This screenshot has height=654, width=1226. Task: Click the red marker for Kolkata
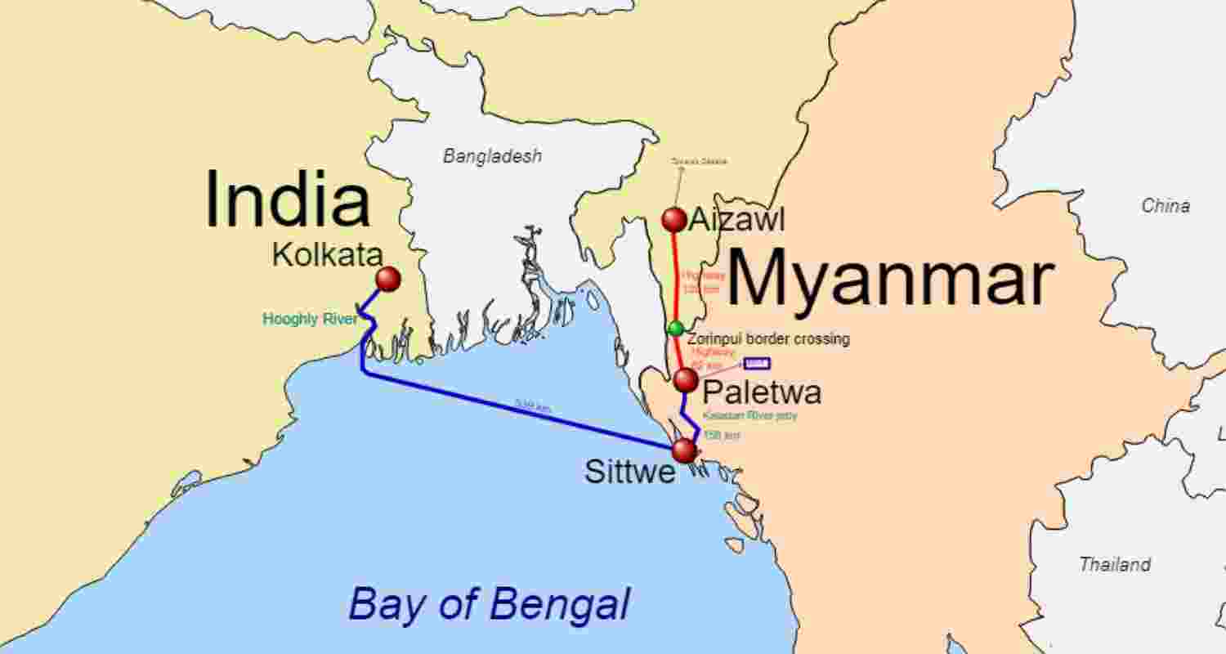click(x=388, y=279)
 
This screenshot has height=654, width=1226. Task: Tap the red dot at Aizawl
click(x=674, y=219)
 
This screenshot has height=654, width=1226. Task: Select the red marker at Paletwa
click(x=686, y=379)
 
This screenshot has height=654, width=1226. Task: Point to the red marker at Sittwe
click(x=683, y=450)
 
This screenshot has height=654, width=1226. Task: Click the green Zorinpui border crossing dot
click(x=675, y=328)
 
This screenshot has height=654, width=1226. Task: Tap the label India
click(x=287, y=200)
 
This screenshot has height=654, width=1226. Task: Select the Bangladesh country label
click(x=492, y=156)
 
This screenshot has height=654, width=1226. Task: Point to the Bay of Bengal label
click(x=489, y=606)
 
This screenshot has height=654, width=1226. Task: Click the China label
click(x=1166, y=206)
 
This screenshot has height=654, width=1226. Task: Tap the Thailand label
click(x=1115, y=564)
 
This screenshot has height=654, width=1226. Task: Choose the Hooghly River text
click(x=310, y=319)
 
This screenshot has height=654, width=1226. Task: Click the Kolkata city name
click(x=327, y=254)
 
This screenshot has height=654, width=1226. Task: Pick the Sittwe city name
click(x=629, y=472)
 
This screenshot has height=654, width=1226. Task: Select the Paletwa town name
click(x=762, y=392)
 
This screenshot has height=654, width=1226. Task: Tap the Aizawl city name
click(x=736, y=219)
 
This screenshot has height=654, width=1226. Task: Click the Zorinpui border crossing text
click(x=768, y=338)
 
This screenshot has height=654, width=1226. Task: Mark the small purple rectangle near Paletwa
click(x=757, y=363)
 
